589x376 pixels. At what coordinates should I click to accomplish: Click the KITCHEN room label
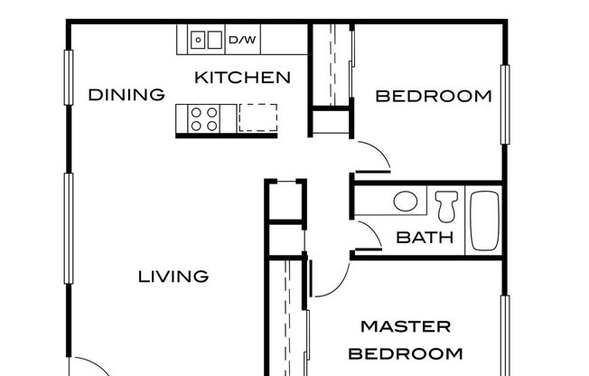click(x=243, y=77)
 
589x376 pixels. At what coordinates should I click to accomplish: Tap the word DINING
click(x=126, y=94)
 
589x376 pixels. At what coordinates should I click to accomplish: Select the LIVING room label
click(x=173, y=276)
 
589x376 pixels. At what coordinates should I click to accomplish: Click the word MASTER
click(x=406, y=325)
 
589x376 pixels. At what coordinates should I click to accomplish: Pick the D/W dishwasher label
click(x=241, y=40)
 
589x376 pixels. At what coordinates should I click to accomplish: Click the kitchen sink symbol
click(x=206, y=39)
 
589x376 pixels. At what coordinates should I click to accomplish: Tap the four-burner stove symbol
click(x=204, y=118)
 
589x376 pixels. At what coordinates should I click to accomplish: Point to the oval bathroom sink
click(x=406, y=201)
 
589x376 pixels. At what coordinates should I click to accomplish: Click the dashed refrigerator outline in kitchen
click(x=258, y=117)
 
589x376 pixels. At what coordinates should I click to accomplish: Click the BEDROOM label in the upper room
click(x=433, y=96)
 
